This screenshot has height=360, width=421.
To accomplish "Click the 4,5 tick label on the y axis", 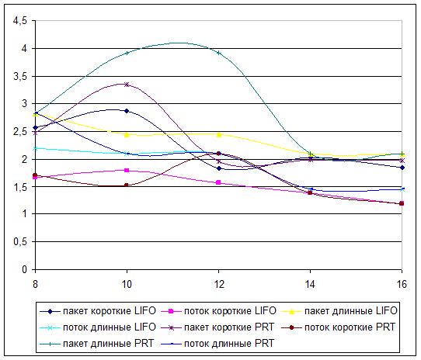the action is pos(20,21).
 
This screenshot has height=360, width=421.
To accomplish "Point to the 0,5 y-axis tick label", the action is pos(20,242).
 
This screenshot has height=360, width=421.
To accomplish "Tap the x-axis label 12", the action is pos(218,284).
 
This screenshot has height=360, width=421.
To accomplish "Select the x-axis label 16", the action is pos(402,284).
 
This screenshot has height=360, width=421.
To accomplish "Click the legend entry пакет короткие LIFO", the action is pos(98,311).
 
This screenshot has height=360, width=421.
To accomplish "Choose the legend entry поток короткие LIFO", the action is pos(218,311).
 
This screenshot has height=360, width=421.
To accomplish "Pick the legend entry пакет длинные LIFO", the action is pos(339,311).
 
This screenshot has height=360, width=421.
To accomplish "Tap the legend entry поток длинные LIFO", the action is pos(98,327).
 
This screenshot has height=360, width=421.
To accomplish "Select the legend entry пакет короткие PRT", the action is pos(217,327).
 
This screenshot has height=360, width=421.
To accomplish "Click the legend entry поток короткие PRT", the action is pos(339,327).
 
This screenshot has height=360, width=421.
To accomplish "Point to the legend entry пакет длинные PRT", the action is pos(96,344).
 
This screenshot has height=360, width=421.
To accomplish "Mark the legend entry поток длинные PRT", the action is pos(217,344).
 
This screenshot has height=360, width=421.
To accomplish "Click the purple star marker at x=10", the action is pos(127,85).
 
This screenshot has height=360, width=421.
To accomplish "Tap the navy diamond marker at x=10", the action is pos(127,111).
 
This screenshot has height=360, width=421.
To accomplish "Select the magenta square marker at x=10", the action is pos(127,171).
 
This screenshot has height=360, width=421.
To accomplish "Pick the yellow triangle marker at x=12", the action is pos(219,134).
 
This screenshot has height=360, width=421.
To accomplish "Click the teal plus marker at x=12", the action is pos(219,53).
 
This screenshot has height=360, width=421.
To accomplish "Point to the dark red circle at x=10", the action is pos(127,185).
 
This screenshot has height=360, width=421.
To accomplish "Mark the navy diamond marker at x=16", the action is pos(402,168).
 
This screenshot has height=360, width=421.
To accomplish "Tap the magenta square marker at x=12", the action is pos(218,182).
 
